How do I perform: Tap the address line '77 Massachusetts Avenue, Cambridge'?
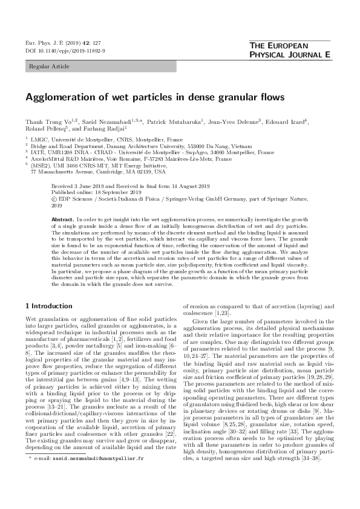pyautogui.click(x=85, y=172)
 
